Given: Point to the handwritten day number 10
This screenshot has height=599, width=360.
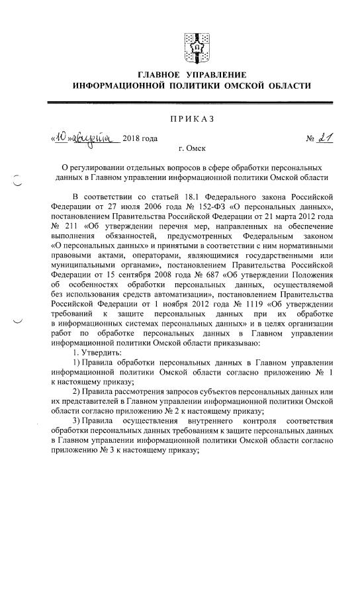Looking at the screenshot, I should point(62,139).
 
